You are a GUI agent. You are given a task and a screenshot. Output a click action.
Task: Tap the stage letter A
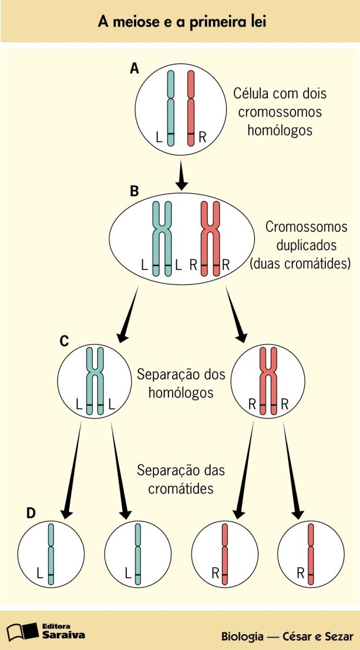tap(134, 69)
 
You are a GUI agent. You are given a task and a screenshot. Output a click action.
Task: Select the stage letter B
tap(134, 191)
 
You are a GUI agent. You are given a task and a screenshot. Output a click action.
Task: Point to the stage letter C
tap(65, 340)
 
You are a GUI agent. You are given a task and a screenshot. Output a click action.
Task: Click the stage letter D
tap(31, 513)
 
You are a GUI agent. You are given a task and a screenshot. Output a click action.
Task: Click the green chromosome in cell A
tap(171, 109)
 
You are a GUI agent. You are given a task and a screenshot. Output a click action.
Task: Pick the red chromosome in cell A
tap(191, 109)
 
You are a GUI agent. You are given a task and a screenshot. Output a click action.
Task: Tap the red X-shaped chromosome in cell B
tap(210, 237)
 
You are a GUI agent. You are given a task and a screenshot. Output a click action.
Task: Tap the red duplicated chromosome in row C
tap(268, 382)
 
